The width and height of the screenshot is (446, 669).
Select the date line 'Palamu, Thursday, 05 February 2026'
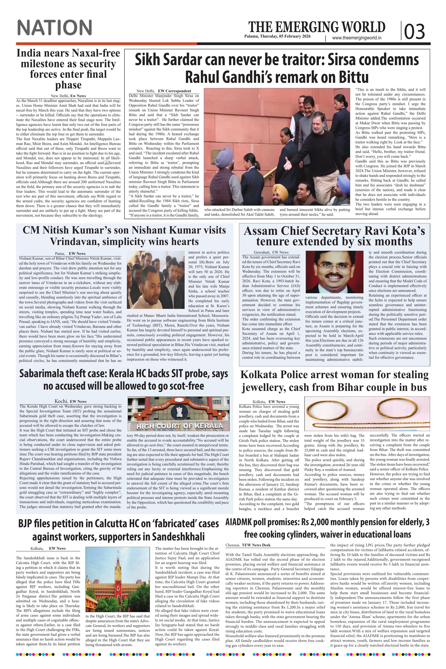click(x=277, y=36)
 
